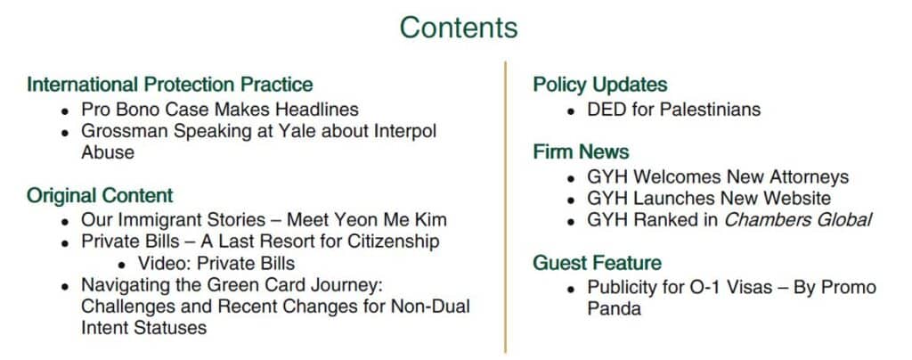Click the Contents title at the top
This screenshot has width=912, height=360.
(x=459, y=28)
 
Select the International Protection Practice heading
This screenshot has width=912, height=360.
(x=170, y=85)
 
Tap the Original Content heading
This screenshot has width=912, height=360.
(x=100, y=195)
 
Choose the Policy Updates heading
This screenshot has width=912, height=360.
(x=600, y=85)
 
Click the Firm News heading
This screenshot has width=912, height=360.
(x=581, y=151)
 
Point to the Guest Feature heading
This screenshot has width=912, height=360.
(x=598, y=263)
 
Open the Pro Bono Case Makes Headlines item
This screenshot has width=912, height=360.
(x=220, y=110)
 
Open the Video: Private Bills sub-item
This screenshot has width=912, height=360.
(x=216, y=264)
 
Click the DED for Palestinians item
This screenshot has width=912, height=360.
(x=673, y=110)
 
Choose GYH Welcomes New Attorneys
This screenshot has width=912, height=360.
(x=718, y=176)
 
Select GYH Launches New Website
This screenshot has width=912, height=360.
(x=709, y=199)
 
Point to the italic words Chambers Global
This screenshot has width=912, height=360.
(x=798, y=220)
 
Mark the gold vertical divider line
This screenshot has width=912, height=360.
(x=506, y=207)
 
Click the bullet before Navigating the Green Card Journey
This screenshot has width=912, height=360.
(x=66, y=287)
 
